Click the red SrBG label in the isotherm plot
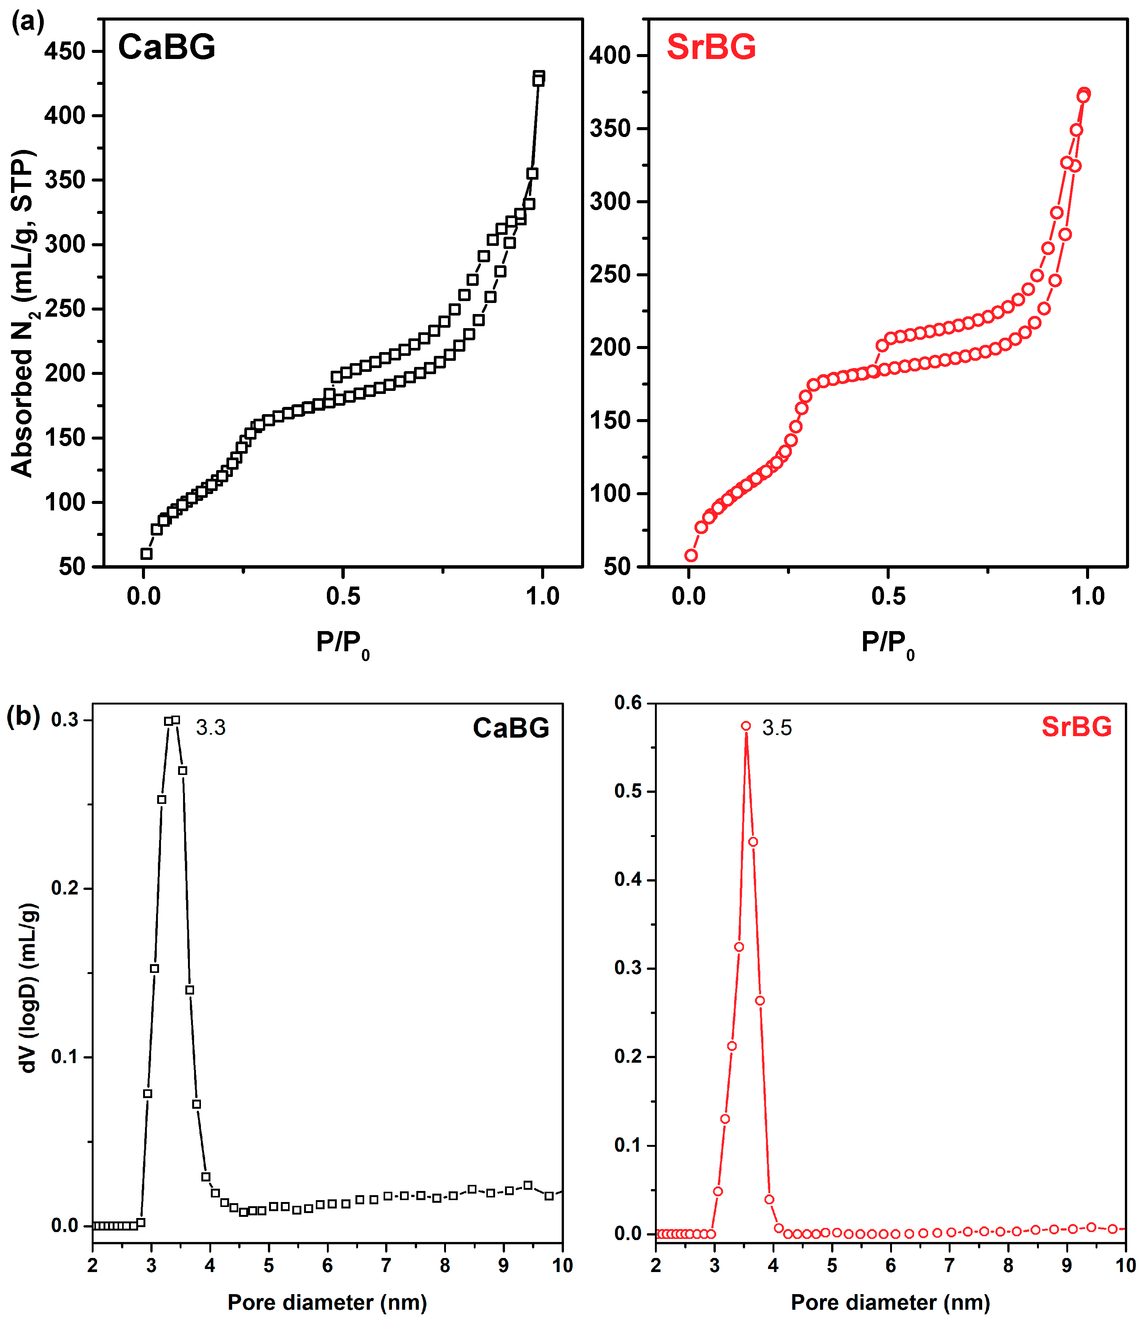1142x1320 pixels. point(711,47)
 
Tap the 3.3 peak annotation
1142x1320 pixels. point(210,727)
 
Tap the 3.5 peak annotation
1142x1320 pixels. point(776,727)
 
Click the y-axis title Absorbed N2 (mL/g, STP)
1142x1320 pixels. point(23,312)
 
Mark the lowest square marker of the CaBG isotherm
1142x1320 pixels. point(147,553)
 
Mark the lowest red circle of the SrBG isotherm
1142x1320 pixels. point(691,555)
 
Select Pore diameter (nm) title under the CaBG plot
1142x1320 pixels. point(327,1302)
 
